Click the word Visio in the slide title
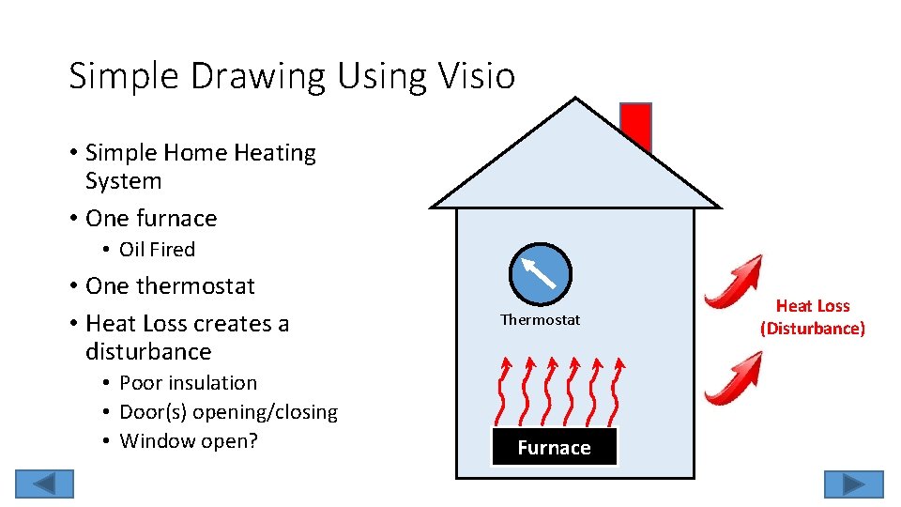click(x=480, y=76)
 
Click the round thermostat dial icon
click(x=540, y=273)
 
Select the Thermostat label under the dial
click(x=540, y=320)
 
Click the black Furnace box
click(x=554, y=447)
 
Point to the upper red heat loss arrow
click(x=734, y=283)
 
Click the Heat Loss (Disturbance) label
click(x=812, y=317)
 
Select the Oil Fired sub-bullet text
click(x=157, y=250)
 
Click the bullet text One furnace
click(x=150, y=219)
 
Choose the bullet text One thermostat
click(x=170, y=285)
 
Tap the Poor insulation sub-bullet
click(x=188, y=383)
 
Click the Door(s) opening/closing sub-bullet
click(x=228, y=412)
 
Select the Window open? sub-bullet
click(x=188, y=441)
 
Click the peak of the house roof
click(x=575, y=101)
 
